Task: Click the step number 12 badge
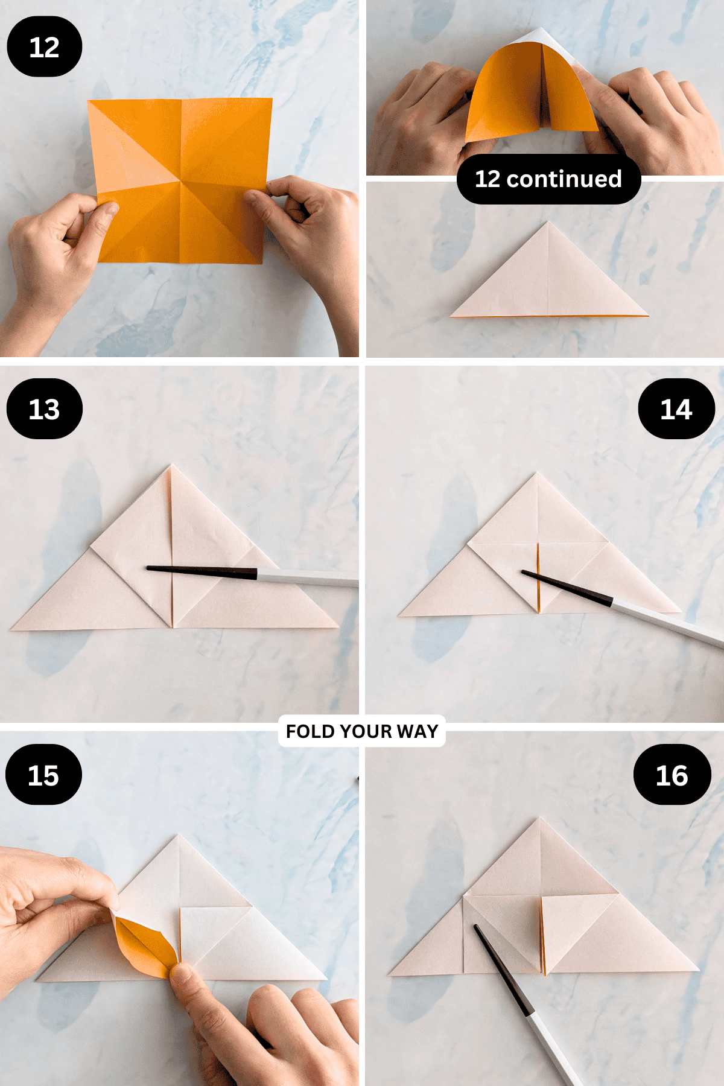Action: click(44, 47)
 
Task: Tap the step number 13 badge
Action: click(44, 409)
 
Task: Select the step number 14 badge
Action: click(676, 409)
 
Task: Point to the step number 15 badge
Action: click(43, 775)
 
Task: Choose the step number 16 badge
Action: click(672, 775)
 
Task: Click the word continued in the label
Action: click(564, 179)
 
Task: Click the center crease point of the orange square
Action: click(180, 179)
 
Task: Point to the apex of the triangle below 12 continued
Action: click(548, 223)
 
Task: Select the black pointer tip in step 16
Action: click(476, 927)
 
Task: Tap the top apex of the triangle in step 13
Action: click(171, 465)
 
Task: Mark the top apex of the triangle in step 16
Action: click(540, 819)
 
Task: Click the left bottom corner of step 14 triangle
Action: click(400, 615)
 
